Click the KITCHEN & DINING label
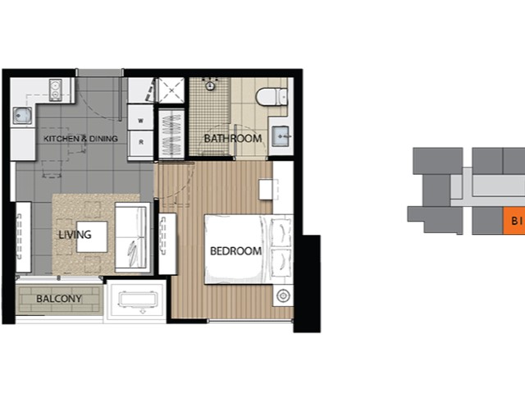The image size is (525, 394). [x=80, y=139]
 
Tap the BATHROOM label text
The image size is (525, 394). [x=233, y=139]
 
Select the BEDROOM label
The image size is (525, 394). [x=235, y=251]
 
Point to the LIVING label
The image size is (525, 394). [x=75, y=235]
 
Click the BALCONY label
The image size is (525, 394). [x=59, y=299]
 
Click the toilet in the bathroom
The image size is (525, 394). [x=272, y=97]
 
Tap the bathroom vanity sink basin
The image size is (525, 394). [x=281, y=136]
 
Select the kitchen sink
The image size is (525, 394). [x=22, y=115]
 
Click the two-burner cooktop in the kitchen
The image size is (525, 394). [x=56, y=89]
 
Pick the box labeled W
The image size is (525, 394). [x=141, y=121]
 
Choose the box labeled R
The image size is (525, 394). [x=141, y=142]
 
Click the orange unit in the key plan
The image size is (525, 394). [x=514, y=221]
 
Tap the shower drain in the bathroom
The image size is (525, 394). [x=210, y=85]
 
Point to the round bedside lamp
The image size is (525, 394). [x=283, y=295]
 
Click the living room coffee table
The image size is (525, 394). [x=92, y=236]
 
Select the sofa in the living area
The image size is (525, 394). [x=132, y=237]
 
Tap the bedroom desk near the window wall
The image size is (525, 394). [x=268, y=190]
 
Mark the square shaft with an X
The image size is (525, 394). [x=171, y=90]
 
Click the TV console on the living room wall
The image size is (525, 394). [x=24, y=237]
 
